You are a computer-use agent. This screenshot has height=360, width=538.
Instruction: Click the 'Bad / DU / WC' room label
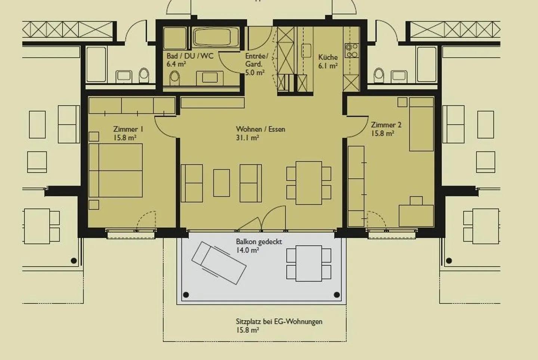[x=190, y=56]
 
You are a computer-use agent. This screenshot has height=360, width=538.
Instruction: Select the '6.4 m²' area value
[x=176, y=64]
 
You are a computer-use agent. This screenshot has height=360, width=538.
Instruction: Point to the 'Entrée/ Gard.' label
[x=256, y=60]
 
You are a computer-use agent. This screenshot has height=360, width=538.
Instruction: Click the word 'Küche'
[x=328, y=57]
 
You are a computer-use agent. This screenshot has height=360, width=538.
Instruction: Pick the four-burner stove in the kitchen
[x=351, y=50]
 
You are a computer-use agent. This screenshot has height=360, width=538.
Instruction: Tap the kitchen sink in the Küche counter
[x=306, y=50]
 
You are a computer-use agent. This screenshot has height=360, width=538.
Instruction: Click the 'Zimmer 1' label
[x=128, y=129]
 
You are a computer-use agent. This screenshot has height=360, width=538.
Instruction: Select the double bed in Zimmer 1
[x=116, y=170]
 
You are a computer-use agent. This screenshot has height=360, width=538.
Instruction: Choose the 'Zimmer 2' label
[x=386, y=125]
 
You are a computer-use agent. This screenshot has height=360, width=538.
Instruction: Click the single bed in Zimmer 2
[x=421, y=124]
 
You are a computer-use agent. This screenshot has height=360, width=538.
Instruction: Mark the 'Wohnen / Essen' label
[x=260, y=129]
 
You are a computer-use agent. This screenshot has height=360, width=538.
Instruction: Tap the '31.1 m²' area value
[x=247, y=138]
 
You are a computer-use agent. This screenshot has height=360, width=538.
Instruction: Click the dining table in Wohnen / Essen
[x=309, y=183]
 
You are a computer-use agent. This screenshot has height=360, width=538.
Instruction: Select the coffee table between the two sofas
[x=222, y=183]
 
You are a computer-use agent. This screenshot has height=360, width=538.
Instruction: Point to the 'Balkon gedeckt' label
[x=259, y=242]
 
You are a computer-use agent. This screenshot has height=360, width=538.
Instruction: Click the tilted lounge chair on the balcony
[x=219, y=263]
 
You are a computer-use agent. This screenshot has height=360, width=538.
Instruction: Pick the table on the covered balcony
[x=309, y=263]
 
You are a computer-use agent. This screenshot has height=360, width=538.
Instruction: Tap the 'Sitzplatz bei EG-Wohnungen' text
[x=279, y=321]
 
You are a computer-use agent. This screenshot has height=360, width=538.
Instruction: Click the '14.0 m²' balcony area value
[x=247, y=250]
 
